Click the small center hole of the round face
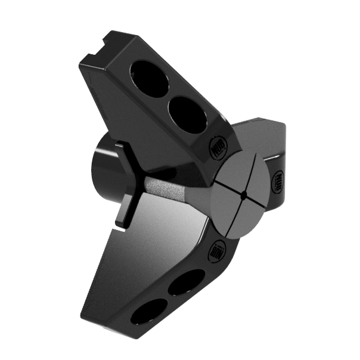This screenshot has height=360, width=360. pyautogui.click(x=244, y=195)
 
